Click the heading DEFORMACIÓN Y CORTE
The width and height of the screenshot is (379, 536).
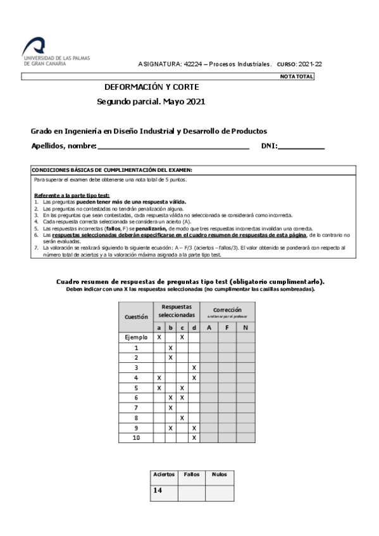[152, 87]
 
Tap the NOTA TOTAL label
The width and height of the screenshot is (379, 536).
[296, 76]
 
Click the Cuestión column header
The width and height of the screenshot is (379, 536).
[136, 317]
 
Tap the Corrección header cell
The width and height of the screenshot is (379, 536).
[227, 310]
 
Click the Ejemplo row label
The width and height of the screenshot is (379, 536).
[136, 338]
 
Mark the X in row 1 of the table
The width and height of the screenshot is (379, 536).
[170, 348]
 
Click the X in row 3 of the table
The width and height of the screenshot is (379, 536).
[194, 367]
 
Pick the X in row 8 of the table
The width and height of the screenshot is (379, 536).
[182, 417]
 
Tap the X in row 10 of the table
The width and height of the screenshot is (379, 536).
[194, 437]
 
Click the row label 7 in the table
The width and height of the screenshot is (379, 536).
[136, 407]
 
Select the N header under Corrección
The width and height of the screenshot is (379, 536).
[245, 327]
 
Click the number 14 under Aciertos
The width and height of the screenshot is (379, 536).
[158, 490]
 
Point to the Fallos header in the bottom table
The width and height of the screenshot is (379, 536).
[191, 474]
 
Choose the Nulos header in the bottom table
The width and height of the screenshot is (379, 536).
[219, 474]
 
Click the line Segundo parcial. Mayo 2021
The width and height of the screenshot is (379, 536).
[151, 101]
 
